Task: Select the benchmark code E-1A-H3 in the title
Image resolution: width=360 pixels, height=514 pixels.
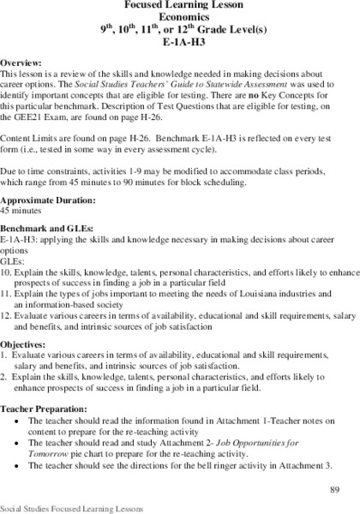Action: (180, 44)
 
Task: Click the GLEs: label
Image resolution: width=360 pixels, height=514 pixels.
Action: (14, 284)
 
